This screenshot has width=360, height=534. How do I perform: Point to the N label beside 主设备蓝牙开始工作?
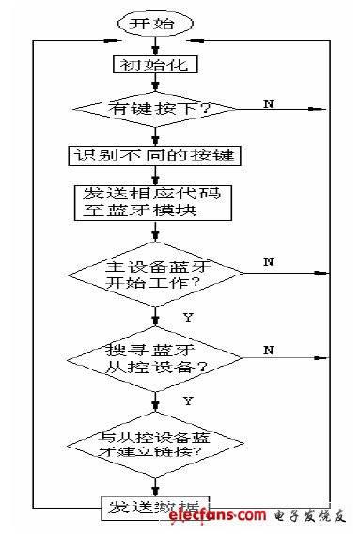point(269,260)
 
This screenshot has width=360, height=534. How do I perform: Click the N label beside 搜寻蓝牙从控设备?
point(269,349)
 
